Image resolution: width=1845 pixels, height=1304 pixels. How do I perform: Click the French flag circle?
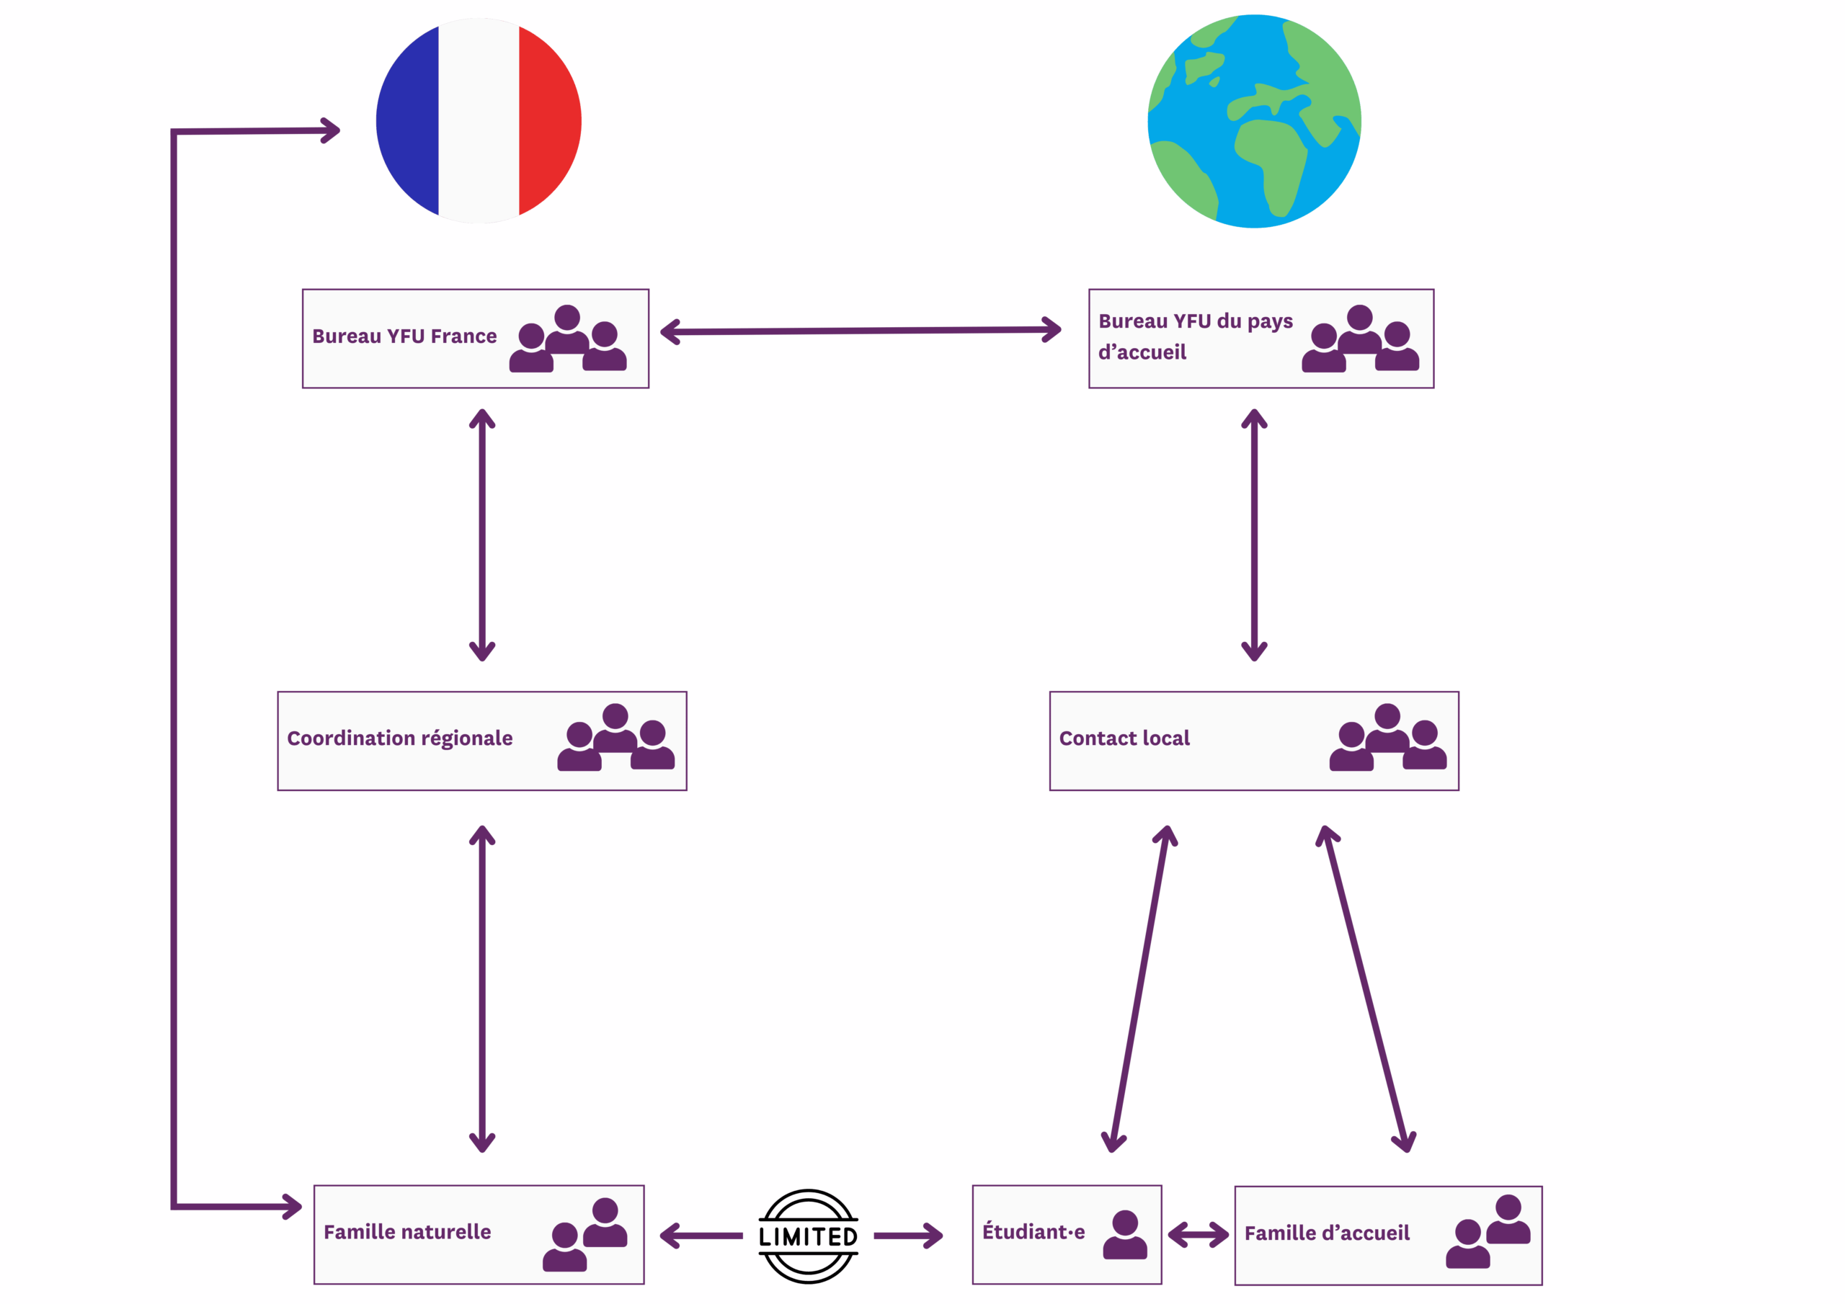tap(479, 120)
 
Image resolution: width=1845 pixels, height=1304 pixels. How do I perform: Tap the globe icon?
tap(1254, 121)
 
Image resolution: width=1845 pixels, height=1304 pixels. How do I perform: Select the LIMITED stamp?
tap(809, 1236)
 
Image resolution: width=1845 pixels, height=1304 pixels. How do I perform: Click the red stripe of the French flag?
tap(550, 120)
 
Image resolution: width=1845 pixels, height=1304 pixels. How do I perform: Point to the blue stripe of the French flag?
tap(408, 120)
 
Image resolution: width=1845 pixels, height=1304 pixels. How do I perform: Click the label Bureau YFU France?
tap(404, 336)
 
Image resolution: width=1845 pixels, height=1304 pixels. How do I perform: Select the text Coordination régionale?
tap(399, 738)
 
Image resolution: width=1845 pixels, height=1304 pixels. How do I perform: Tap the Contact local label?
tap(1124, 738)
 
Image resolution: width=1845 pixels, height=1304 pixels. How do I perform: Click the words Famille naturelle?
tap(407, 1232)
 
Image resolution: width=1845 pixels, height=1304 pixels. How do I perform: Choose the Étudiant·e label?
tap(1033, 1231)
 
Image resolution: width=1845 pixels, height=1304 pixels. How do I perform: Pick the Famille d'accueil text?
tap(1327, 1233)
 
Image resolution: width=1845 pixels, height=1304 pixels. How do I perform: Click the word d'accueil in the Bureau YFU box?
tap(1142, 352)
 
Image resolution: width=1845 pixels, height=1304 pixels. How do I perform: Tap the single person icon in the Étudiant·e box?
tap(1125, 1234)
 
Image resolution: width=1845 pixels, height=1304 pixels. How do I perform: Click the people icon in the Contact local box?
tap(1388, 737)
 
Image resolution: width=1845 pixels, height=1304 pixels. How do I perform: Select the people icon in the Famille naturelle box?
tap(585, 1234)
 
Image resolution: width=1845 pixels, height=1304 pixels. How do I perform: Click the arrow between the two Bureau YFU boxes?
tap(861, 331)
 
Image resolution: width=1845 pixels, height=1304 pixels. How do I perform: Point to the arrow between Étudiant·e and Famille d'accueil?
tap(1198, 1234)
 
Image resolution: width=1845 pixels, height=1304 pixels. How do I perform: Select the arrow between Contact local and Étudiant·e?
tap(1139, 989)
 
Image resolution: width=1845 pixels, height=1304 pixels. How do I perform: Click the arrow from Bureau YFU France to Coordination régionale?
tap(482, 535)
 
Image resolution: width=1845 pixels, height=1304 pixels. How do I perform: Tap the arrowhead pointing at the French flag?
tap(330, 130)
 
